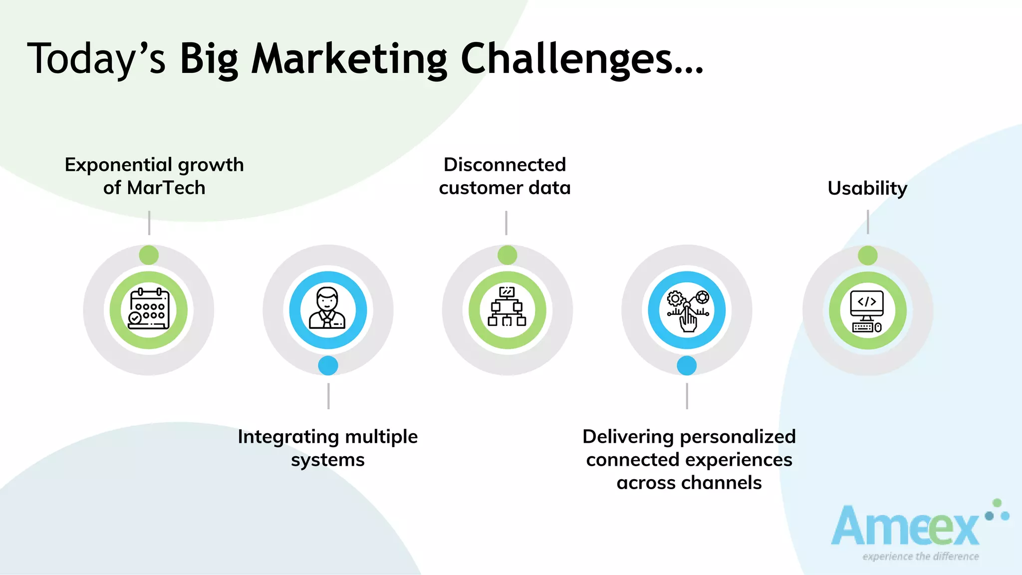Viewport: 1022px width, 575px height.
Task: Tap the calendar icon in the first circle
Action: coord(149,310)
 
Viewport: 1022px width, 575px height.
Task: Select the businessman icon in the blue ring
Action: coord(328,309)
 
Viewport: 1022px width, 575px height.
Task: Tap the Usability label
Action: coord(867,188)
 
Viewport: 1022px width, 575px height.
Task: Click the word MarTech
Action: coord(166,188)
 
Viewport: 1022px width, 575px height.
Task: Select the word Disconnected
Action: coord(505,165)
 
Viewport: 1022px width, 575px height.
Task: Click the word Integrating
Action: coord(288,437)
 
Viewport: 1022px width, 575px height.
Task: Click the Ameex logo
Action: coord(906,527)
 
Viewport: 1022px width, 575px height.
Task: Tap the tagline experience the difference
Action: coord(920,556)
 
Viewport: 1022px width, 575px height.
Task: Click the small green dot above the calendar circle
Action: coord(149,255)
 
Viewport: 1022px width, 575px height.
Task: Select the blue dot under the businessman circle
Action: coord(328,365)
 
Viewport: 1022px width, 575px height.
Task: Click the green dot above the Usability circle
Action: coord(867,256)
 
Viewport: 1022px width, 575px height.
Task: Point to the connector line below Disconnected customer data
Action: coord(506,223)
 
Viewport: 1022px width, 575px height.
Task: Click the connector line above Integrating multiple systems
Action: coord(328,396)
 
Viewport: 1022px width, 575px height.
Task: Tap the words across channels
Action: coord(689,483)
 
